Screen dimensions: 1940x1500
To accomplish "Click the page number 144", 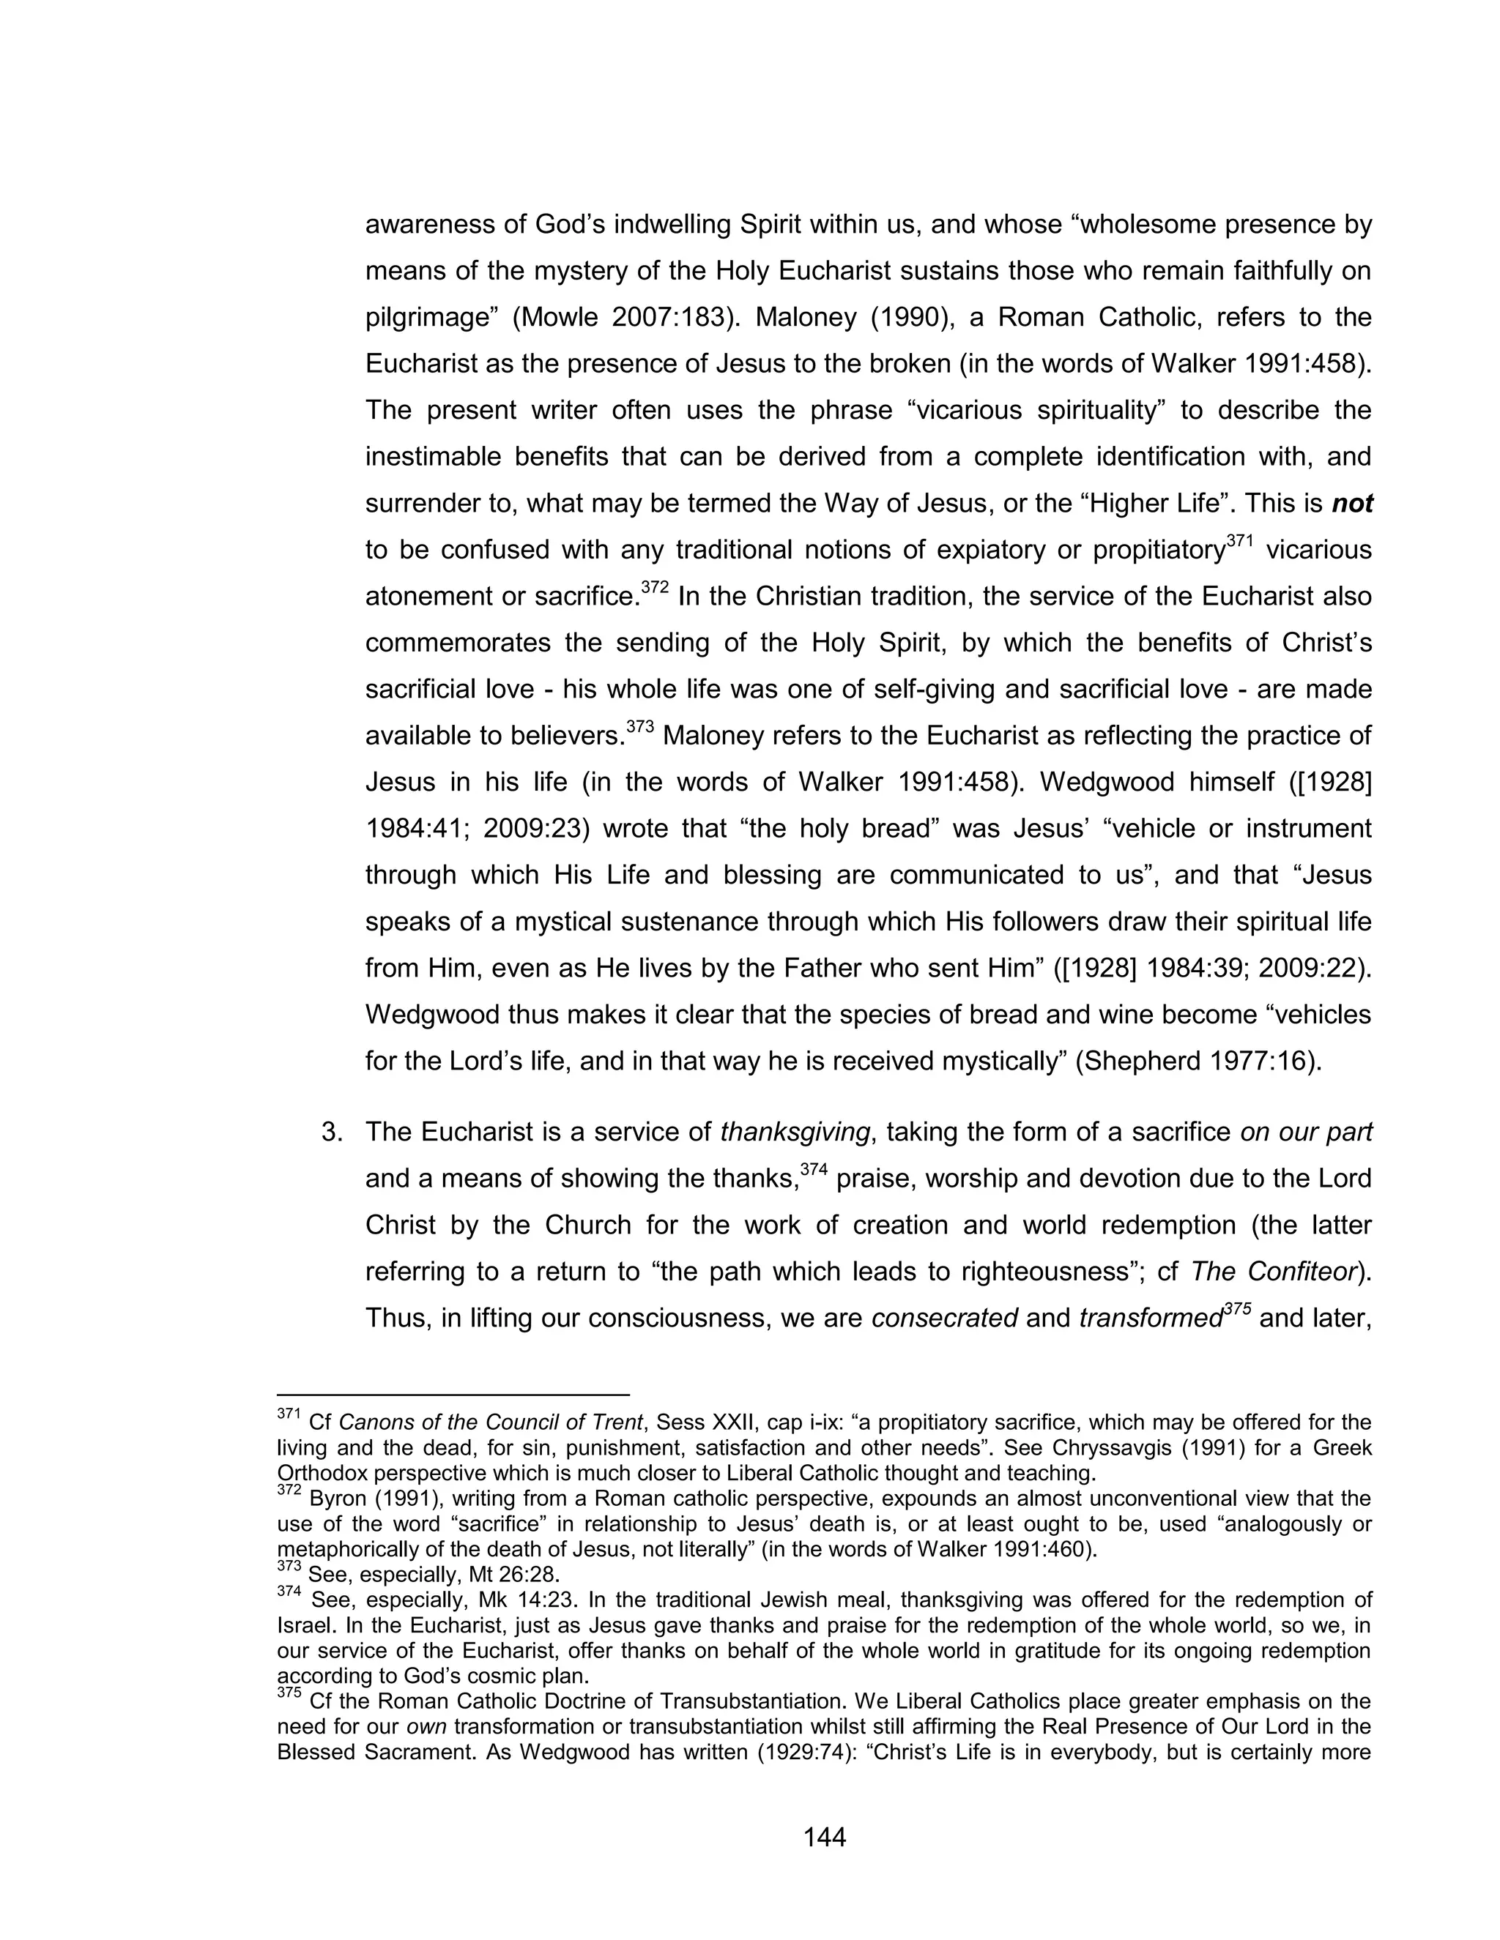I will [824, 1837].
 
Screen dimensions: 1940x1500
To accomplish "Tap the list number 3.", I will [332, 1133].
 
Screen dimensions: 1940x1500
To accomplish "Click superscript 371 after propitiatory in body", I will [1239, 541].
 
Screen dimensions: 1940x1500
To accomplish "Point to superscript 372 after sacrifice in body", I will [654, 587].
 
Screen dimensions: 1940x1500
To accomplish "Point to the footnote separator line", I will [453, 1395].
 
